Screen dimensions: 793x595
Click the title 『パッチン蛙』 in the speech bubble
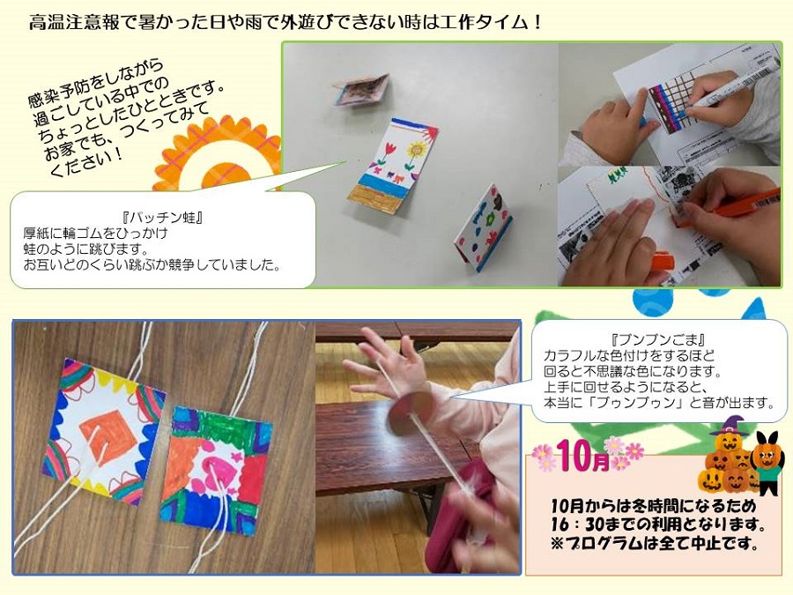pyautogui.click(x=162, y=218)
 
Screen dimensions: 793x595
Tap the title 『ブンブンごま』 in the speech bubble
pyautogui.click(x=658, y=339)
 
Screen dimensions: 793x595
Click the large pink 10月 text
pyautogui.click(x=583, y=456)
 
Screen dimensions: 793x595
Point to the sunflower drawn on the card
pyautogui.click(x=416, y=152)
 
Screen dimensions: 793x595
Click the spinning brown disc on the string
pyautogui.click(x=410, y=413)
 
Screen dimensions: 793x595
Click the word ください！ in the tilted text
pyautogui.click(x=87, y=162)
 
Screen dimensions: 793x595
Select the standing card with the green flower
pyautogui.click(x=484, y=227)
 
